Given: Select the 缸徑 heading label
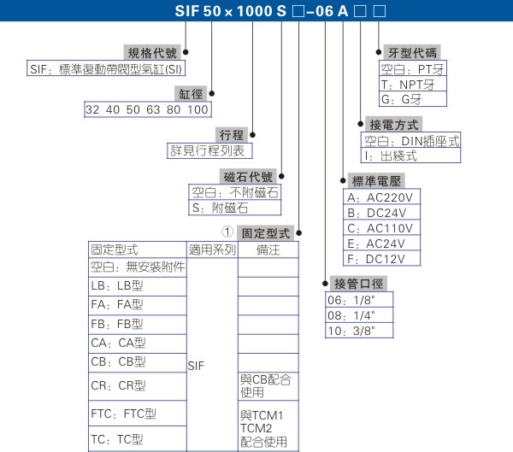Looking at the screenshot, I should click(x=191, y=92).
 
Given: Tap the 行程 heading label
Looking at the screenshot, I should click(x=233, y=134).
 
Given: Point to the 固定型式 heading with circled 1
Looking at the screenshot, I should click(x=266, y=232).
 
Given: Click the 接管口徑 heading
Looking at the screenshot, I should click(x=357, y=284).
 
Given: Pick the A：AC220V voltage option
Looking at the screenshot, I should click(x=379, y=197).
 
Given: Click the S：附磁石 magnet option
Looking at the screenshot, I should click(x=220, y=208).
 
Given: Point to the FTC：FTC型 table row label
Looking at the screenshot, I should click(x=124, y=414).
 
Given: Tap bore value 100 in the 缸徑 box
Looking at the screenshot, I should click(x=198, y=109).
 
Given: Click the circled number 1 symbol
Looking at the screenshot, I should click(x=227, y=232).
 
